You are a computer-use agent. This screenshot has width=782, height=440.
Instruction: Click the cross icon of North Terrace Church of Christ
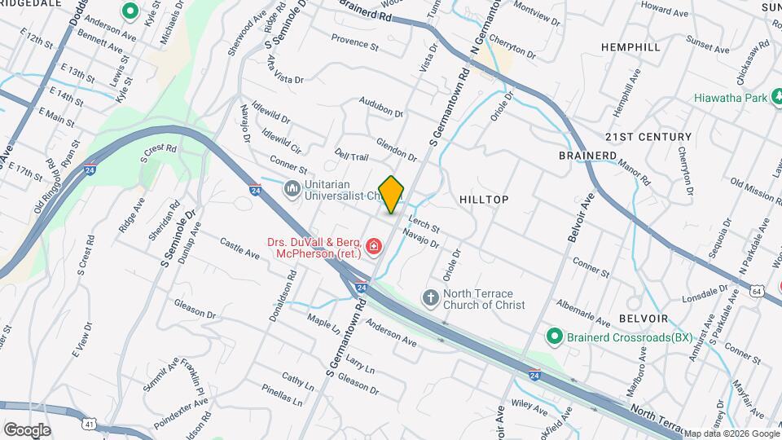coord(431,298)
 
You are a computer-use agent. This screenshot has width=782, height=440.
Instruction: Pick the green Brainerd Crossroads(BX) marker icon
coord(555,337)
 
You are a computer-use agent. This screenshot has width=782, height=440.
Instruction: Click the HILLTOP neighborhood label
coord(484,200)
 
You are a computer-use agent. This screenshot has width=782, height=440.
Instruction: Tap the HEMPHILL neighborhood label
coord(630,48)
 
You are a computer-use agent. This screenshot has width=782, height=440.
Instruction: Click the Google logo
coord(27,430)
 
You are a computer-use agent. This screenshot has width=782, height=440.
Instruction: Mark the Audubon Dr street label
coord(382,107)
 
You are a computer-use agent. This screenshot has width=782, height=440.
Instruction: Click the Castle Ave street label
coord(239,249)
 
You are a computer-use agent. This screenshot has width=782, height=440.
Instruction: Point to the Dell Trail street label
coord(352,156)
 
